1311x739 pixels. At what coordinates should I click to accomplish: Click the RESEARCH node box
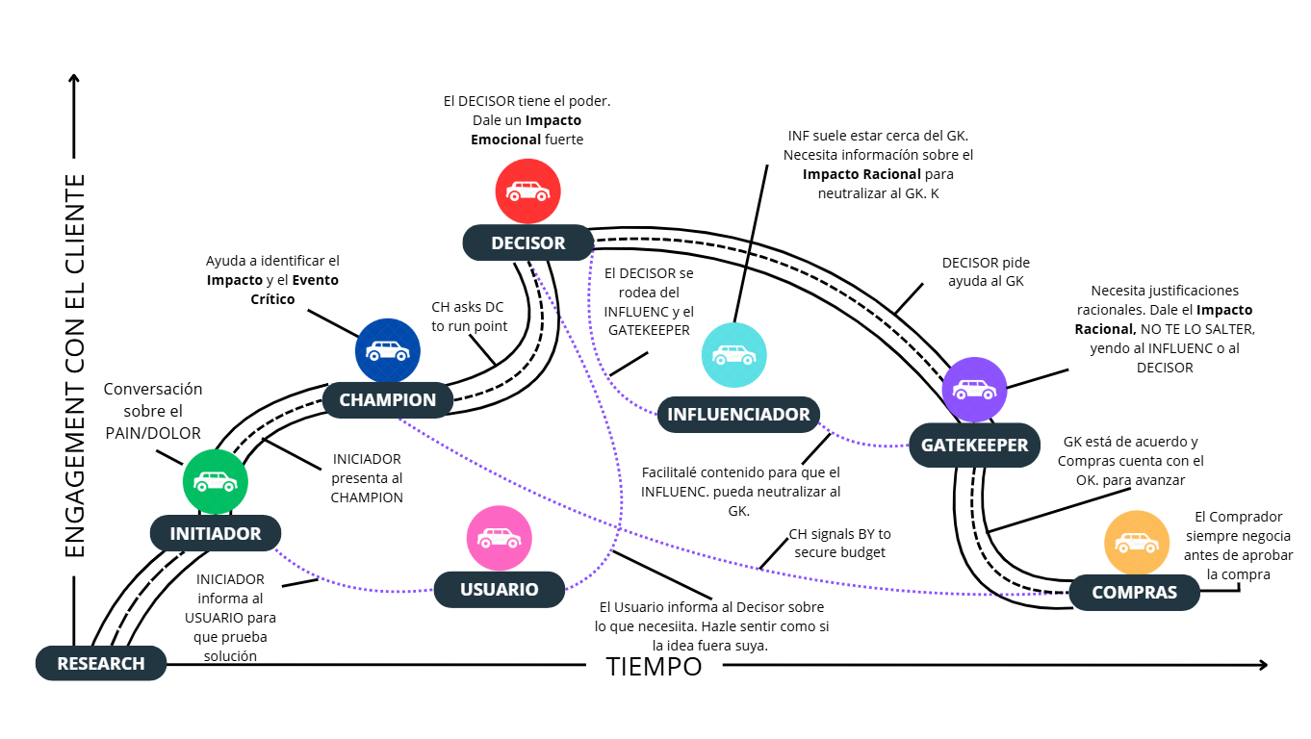pyautogui.click(x=101, y=663)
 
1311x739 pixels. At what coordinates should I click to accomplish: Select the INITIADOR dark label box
pyautogui.click(x=216, y=533)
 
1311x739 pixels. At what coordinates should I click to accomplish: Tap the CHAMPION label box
pyautogui.click(x=388, y=399)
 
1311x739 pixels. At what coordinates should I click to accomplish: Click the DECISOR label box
pyautogui.click(x=528, y=242)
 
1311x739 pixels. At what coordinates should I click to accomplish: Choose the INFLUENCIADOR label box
pyautogui.click(x=738, y=415)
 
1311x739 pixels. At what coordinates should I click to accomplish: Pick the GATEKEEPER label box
pyautogui.click(x=974, y=446)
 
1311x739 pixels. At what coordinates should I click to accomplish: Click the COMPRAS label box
pyautogui.click(x=1134, y=592)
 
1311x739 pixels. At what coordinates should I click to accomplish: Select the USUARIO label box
pyautogui.click(x=499, y=589)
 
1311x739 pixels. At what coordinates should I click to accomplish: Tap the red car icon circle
pyautogui.click(x=528, y=191)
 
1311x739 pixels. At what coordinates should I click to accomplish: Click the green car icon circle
pyautogui.click(x=216, y=480)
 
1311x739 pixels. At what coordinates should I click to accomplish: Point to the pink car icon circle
pyautogui.click(x=499, y=538)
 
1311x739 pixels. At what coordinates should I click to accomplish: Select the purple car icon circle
pyautogui.click(x=974, y=390)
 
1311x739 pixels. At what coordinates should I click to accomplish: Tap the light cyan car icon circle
pyautogui.click(x=734, y=354)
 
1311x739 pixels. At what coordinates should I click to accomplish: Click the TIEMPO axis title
pyautogui.click(x=654, y=666)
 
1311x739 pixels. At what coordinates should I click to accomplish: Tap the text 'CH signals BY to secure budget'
pyautogui.click(x=839, y=543)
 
